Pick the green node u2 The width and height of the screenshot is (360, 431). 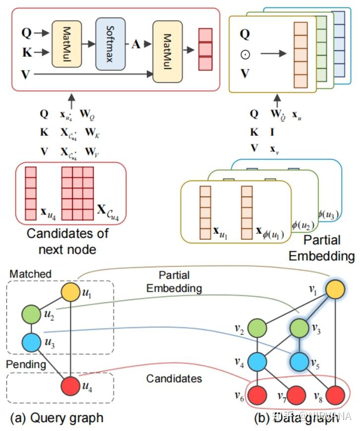(32, 314)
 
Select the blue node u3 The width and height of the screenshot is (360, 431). (32, 342)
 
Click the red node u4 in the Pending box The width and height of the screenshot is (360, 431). (70, 385)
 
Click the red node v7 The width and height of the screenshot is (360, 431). (296, 396)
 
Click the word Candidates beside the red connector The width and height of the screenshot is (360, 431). (174, 378)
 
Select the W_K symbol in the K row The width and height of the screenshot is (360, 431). (90, 133)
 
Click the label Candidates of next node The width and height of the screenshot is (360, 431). (68, 240)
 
